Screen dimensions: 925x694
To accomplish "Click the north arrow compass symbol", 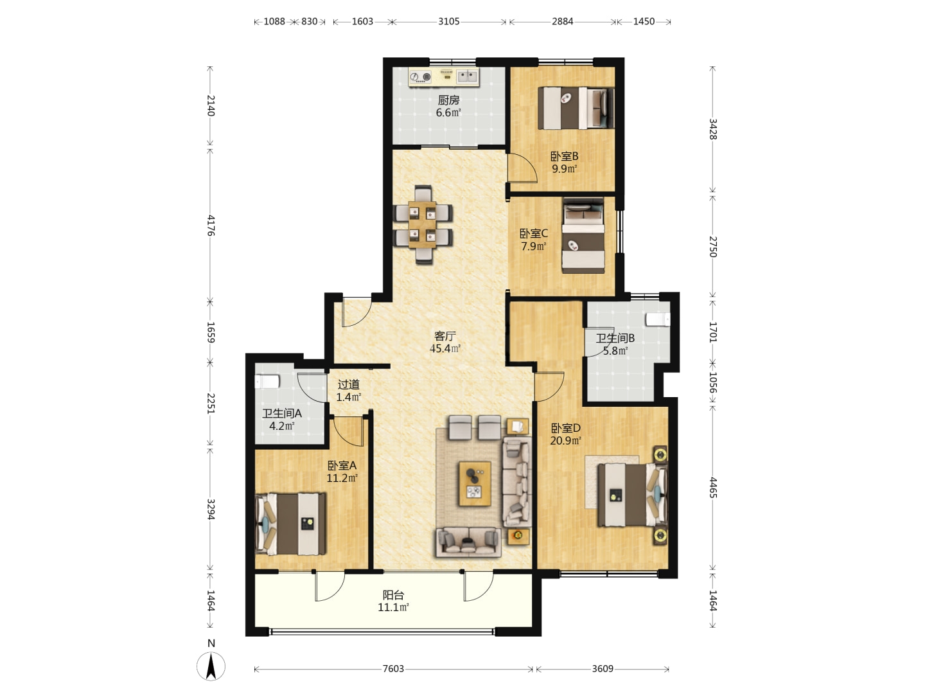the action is [x=211, y=665].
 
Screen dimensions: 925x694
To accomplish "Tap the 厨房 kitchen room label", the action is [x=448, y=100].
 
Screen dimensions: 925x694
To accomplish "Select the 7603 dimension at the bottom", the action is [x=393, y=669].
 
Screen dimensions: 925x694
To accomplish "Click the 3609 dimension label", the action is [x=603, y=669].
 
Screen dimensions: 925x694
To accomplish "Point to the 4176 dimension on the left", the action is [x=211, y=226].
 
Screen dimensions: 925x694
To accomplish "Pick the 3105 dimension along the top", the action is [x=448, y=21].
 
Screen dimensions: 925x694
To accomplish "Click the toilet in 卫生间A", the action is [x=267, y=382].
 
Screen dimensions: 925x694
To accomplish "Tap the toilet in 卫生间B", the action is [x=658, y=319].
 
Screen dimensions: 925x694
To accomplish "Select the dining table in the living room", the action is [x=423, y=225].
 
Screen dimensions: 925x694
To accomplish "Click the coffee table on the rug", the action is [x=475, y=484].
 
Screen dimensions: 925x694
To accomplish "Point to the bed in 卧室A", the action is [x=291, y=524].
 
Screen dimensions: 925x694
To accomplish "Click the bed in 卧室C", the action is [x=583, y=235].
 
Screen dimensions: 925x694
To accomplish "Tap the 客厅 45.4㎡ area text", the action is [x=445, y=342].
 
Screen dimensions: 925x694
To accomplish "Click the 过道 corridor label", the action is [x=349, y=385].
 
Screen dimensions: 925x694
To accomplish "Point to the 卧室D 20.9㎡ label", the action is [x=565, y=434].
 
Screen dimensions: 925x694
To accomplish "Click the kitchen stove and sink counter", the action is [x=444, y=76].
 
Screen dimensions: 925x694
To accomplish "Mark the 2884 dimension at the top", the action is [x=563, y=21].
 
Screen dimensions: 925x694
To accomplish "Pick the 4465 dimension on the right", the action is [x=712, y=488].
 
